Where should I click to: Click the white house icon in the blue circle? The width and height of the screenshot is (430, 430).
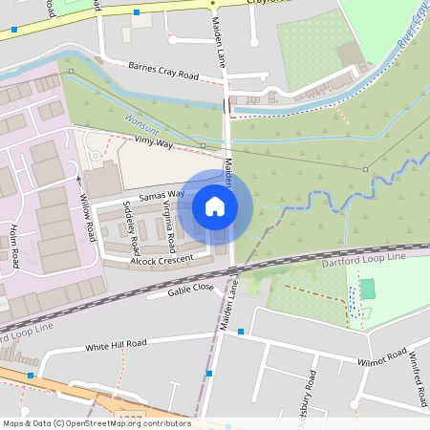tap(215, 205)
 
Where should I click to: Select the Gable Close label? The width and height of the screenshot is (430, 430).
tap(190, 288)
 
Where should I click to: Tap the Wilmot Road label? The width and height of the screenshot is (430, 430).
tap(381, 359)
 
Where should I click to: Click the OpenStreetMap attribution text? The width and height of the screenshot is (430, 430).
tap(96, 423)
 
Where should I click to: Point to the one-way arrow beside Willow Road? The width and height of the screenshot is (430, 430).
tap(77, 178)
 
